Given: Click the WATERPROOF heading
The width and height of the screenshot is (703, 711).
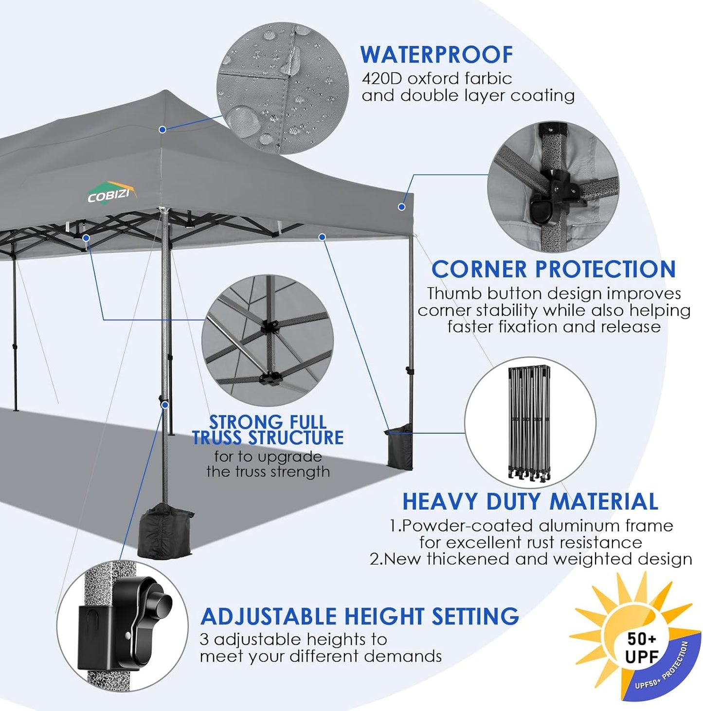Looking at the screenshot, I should [436, 55].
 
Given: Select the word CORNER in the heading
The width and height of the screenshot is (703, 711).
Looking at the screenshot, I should [479, 269].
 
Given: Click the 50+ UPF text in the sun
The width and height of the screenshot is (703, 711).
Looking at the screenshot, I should [641, 647].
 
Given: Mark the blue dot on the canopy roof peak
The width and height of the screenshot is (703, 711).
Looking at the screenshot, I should [162, 129].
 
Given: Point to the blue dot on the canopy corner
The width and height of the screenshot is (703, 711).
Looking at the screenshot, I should [401, 207].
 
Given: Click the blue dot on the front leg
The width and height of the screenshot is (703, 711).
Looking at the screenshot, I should [165, 405].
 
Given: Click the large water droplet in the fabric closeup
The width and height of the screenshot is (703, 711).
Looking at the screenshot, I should [241, 119].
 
